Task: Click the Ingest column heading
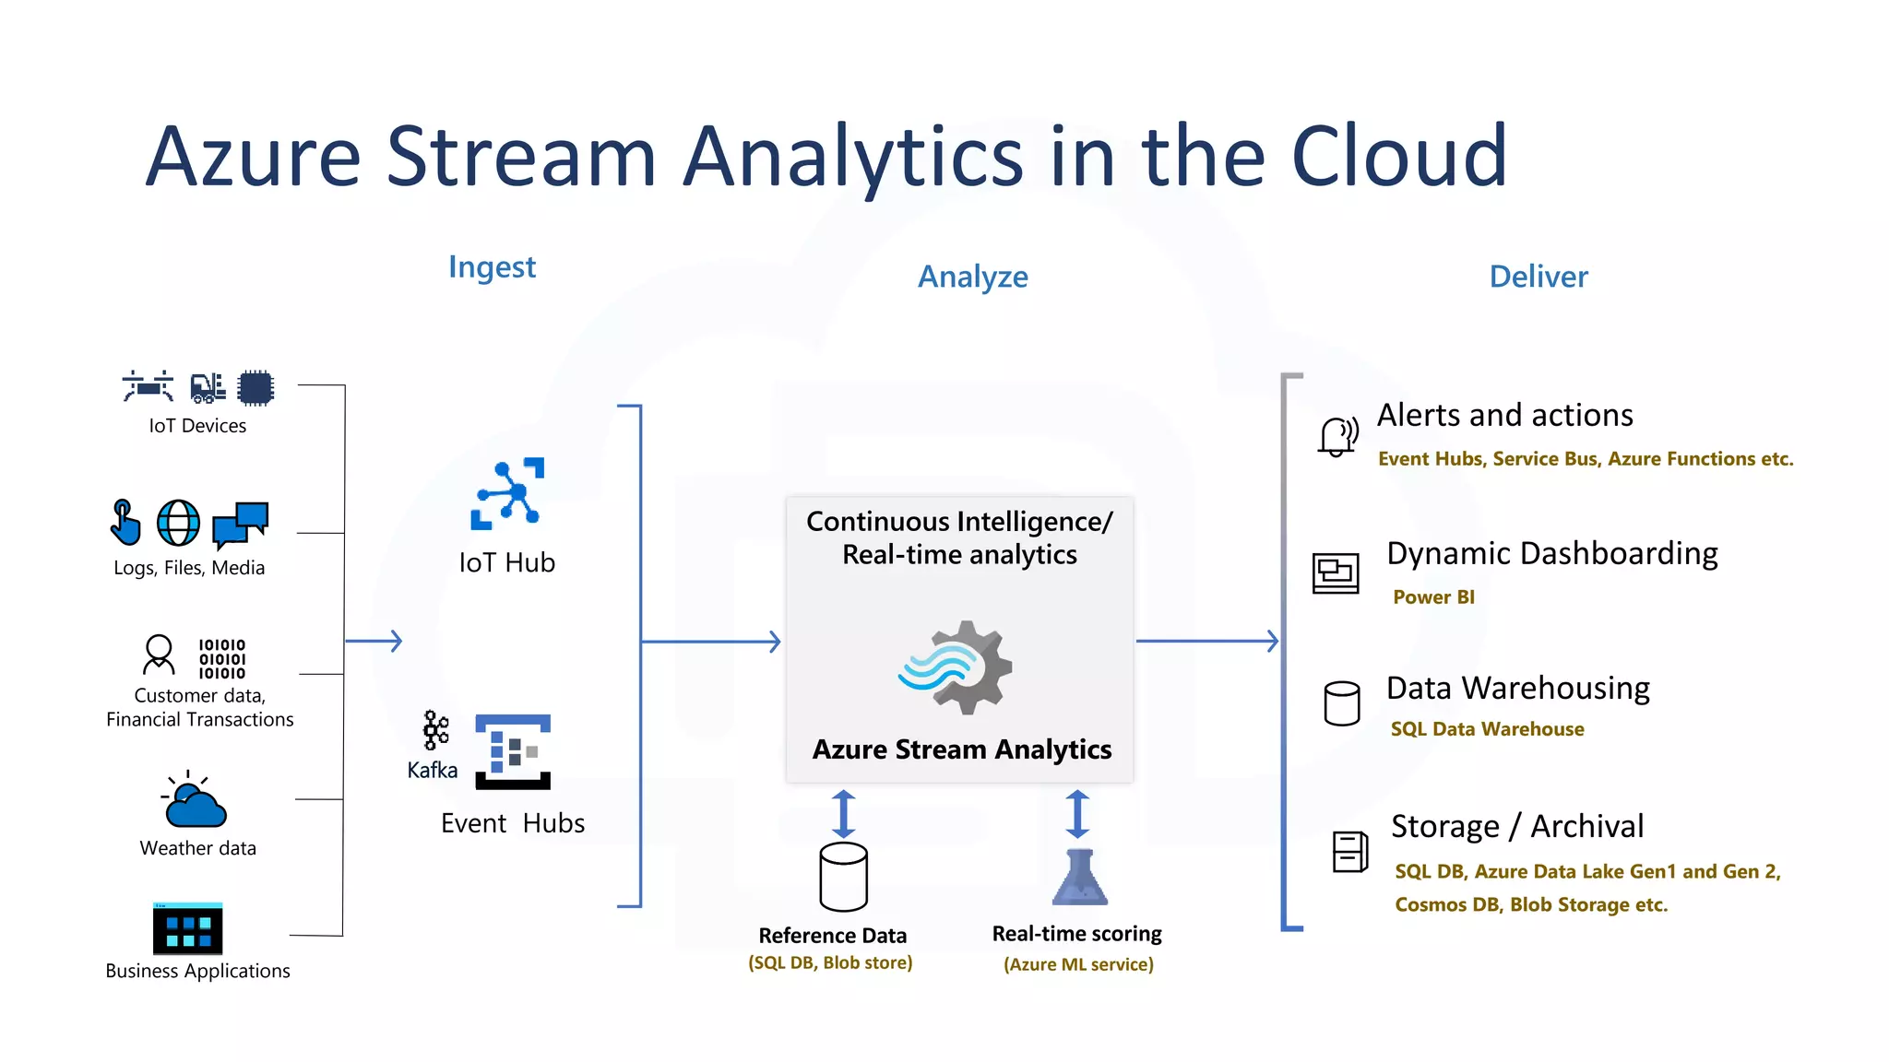coord(492,267)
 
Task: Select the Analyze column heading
coord(972,277)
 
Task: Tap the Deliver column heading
coord(1538,277)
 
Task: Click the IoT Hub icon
coord(507,493)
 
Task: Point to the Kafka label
coord(432,770)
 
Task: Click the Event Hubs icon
coord(513,751)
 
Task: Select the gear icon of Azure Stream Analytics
coord(959,667)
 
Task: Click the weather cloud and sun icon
coord(194,800)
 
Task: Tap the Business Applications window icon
coord(188,928)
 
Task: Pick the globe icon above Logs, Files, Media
coord(178,524)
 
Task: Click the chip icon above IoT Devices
coord(255,388)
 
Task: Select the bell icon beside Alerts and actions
coord(1337,436)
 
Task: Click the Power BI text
coord(1433,597)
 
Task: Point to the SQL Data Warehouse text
coord(1487,729)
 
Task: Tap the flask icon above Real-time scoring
coord(1079,878)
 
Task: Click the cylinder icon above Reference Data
coord(843,877)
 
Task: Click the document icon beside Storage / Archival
coord(1349,851)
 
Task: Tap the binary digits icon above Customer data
coord(222,658)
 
